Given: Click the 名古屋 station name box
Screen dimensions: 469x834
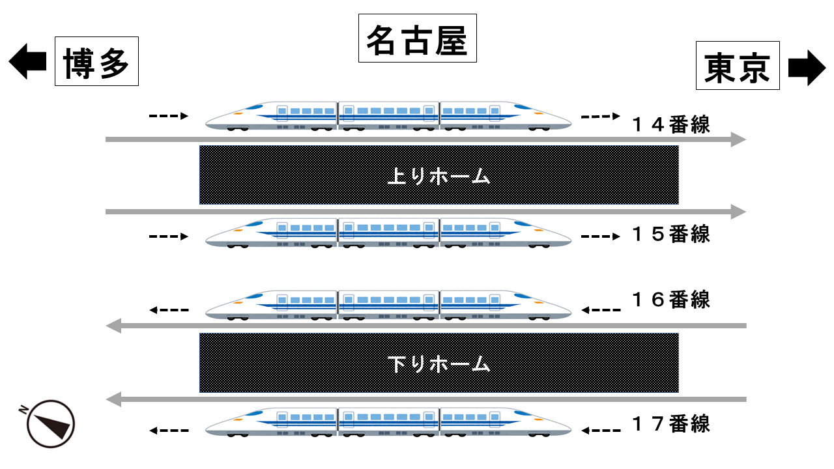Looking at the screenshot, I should tap(417, 38).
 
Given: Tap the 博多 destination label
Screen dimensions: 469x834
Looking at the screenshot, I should tap(96, 61).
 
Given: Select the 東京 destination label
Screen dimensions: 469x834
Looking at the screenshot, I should tap(738, 65).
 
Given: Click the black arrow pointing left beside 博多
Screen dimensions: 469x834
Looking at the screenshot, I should tap(27, 62).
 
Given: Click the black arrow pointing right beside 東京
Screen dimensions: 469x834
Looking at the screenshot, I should tap(807, 68).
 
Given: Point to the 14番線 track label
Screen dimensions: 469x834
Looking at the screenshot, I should tap(671, 124).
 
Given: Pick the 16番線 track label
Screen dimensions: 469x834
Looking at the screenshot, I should tap(671, 300).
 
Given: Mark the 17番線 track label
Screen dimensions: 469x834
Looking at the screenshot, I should tap(671, 424).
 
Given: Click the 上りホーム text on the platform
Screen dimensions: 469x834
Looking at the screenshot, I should tap(438, 176).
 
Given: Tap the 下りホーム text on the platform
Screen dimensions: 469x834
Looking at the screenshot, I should tap(438, 363).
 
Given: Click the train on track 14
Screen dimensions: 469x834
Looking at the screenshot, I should tap(389, 116).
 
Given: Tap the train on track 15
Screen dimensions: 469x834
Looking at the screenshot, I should tap(389, 233).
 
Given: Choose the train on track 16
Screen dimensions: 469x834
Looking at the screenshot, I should tap(389, 305).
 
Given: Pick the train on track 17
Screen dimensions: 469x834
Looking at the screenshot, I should tap(389, 421).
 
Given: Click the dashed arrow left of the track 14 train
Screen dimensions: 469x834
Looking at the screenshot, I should tap(169, 117).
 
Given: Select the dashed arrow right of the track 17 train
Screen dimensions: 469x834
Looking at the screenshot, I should tap(601, 430).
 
